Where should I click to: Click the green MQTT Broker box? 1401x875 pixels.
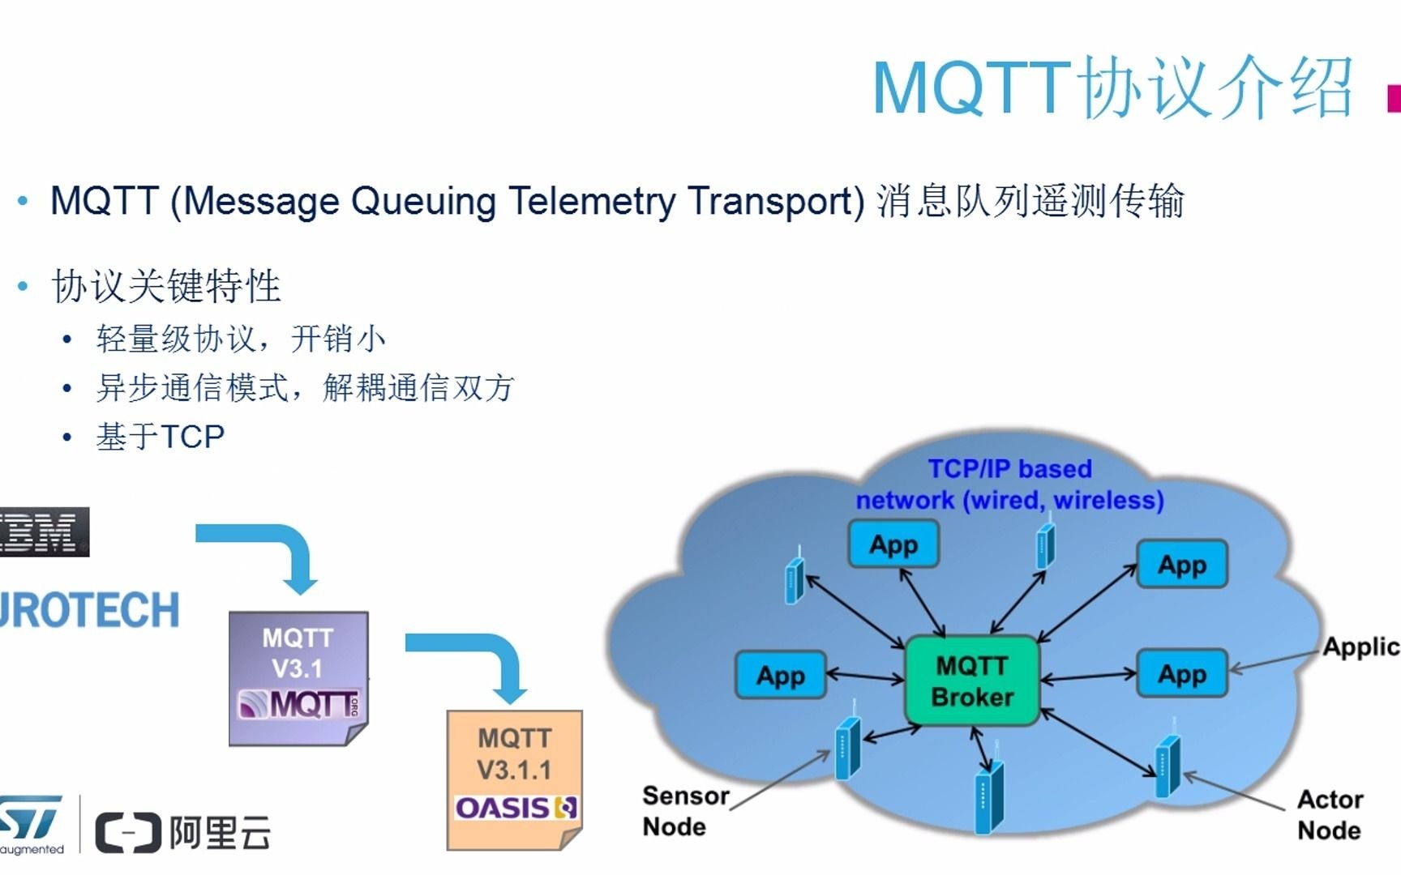(971, 681)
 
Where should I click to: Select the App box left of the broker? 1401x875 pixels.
(780, 675)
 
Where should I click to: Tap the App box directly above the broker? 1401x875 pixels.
(893, 544)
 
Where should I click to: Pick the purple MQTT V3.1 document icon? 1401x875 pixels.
(298, 677)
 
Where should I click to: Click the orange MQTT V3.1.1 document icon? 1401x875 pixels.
(514, 778)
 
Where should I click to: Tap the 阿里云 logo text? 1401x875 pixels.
(219, 833)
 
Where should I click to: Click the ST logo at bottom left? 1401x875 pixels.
(31, 820)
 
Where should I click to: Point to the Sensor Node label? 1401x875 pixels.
(684, 811)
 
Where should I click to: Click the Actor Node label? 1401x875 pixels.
(1330, 814)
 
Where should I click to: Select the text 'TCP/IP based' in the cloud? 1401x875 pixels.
(1009, 469)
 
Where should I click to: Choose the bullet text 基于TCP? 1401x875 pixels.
(160, 437)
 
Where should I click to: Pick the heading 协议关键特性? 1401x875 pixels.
(166, 286)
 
